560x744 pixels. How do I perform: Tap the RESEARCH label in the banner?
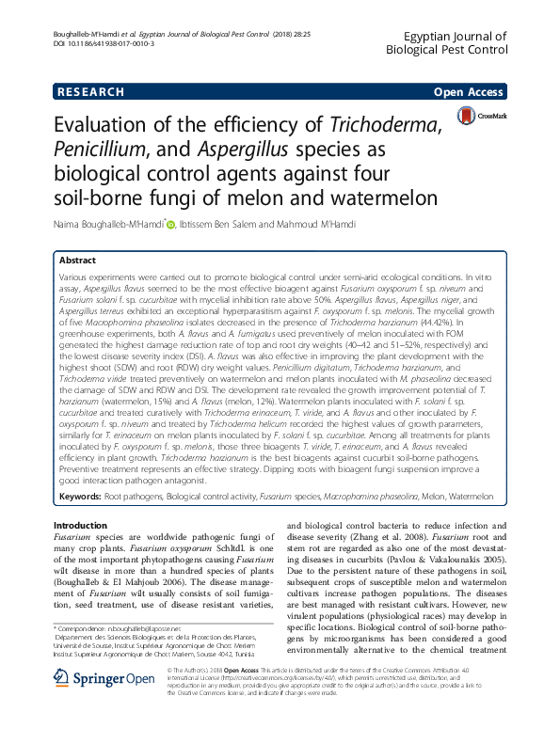pyautogui.click(x=90, y=92)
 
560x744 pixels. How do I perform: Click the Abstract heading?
pyautogui.click(x=78, y=260)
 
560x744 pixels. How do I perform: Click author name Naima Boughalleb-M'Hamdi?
pyautogui.click(x=108, y=223)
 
